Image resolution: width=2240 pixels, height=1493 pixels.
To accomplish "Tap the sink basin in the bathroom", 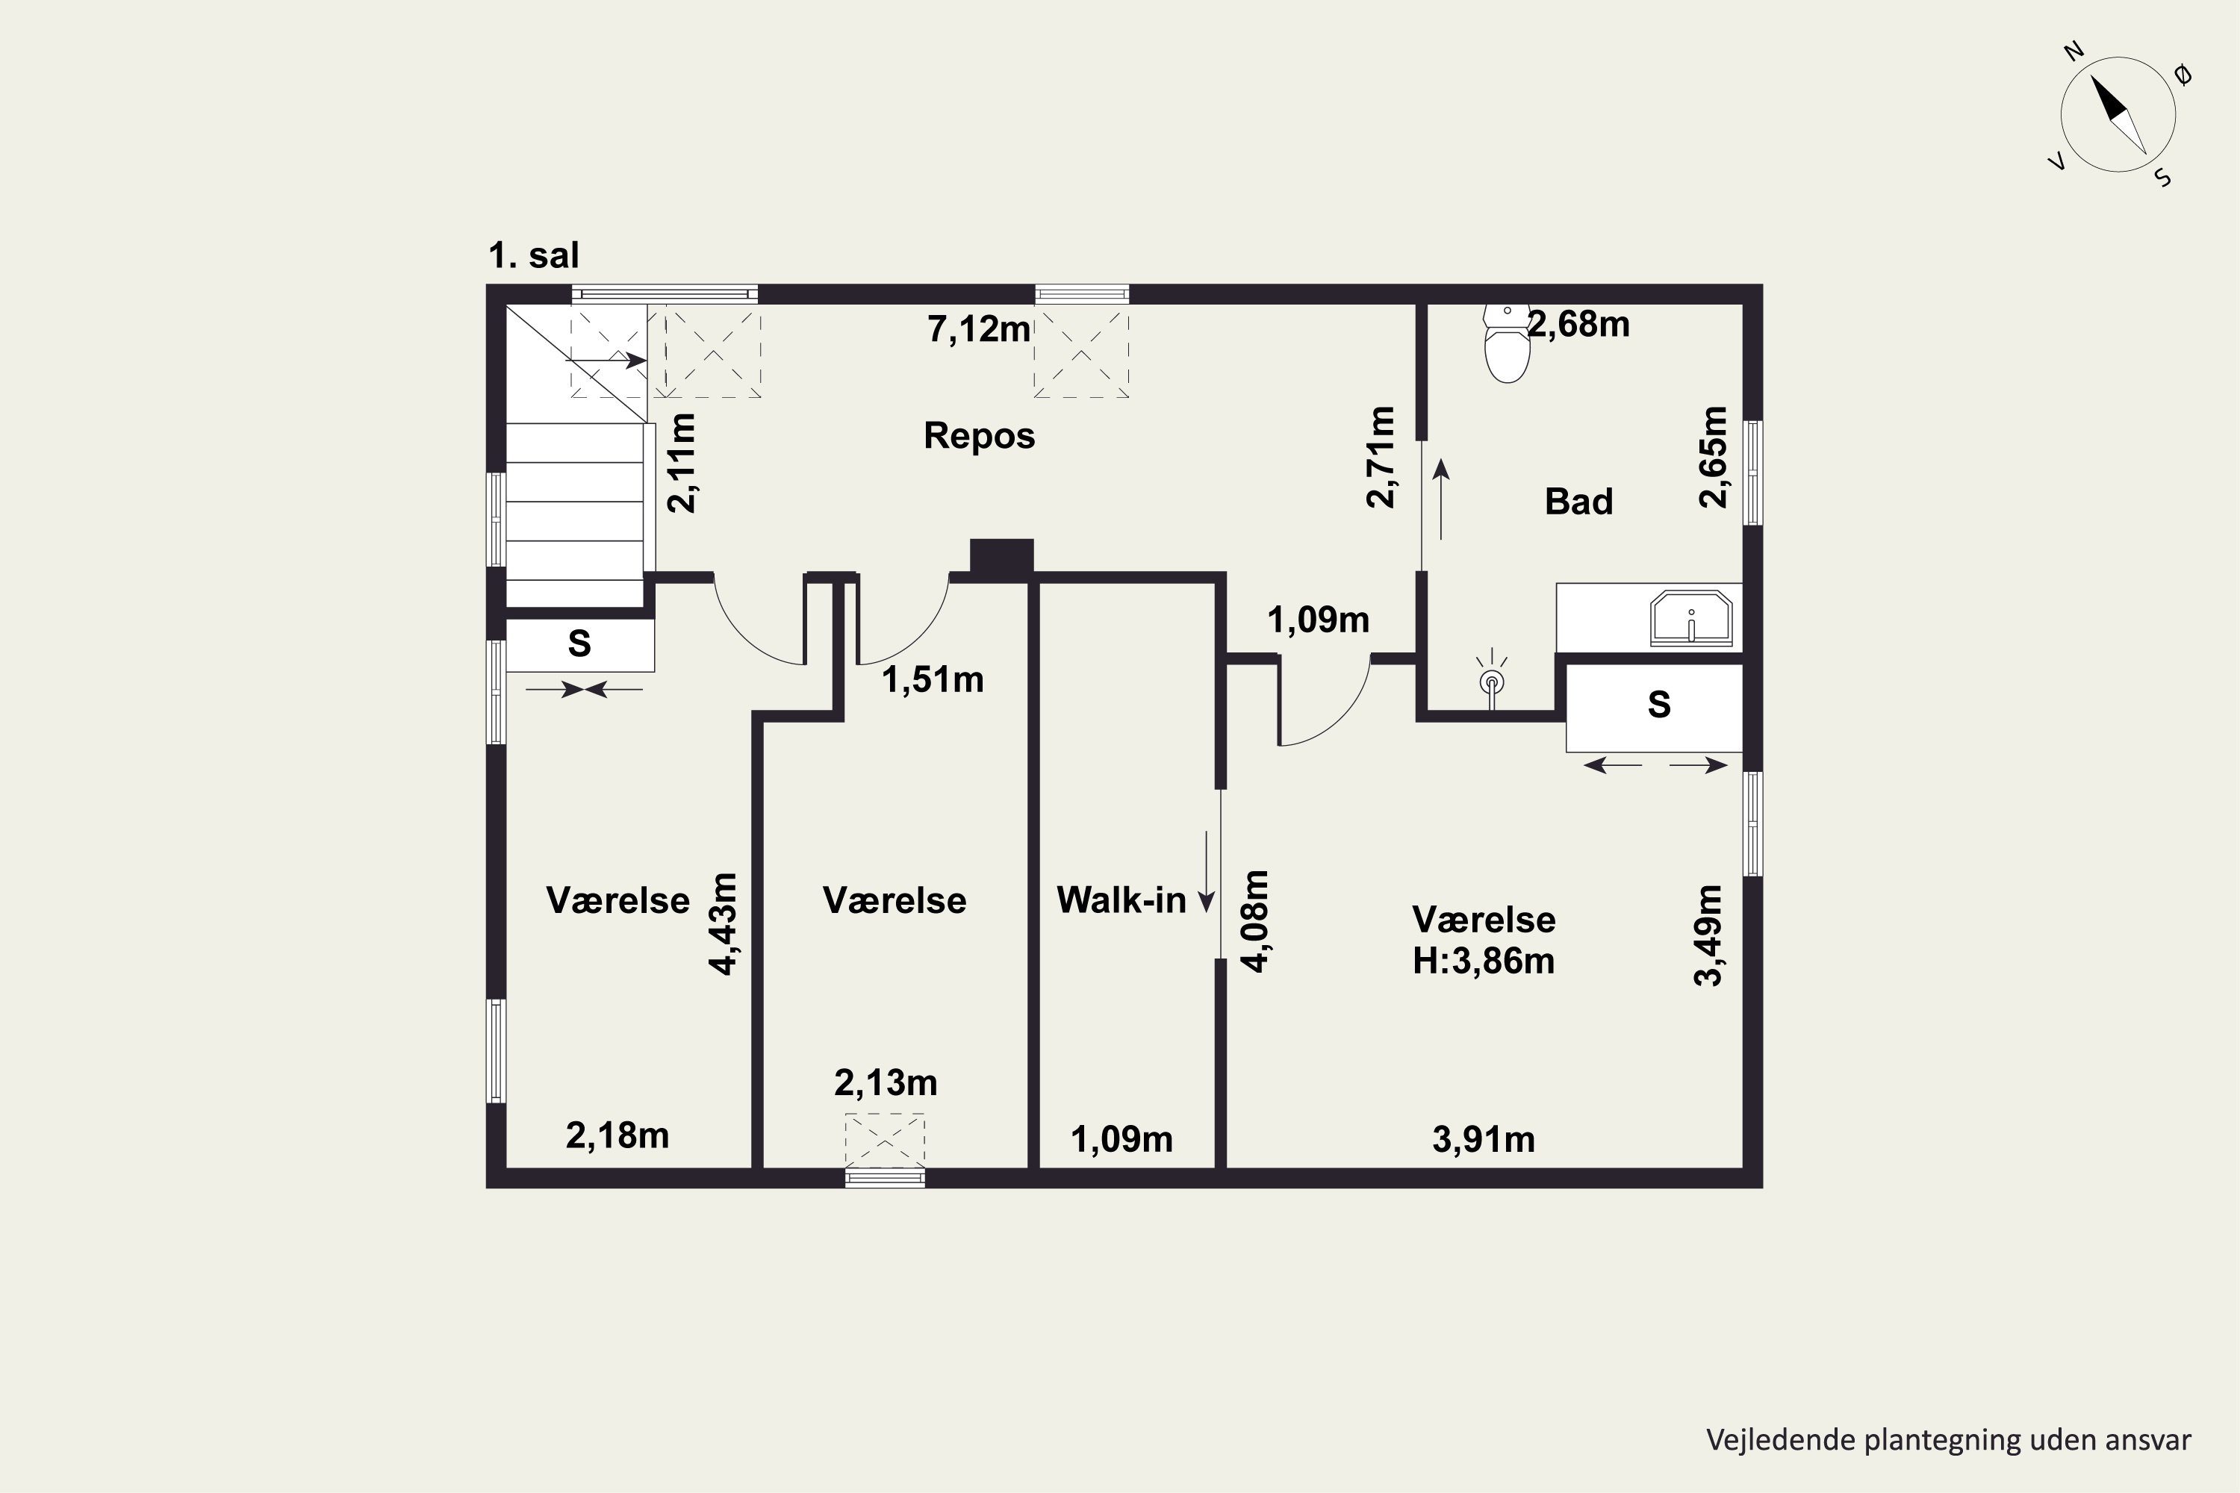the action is [x=1691, y=617].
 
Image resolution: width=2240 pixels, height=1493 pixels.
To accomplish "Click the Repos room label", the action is [x=979, y=436].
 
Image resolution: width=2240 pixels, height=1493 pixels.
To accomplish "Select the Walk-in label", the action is [x=1121, y=900].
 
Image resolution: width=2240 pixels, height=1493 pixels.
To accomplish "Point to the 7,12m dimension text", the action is [x=979, y=329].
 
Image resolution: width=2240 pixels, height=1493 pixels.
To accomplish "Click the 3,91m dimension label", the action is [x=1484, y=1140].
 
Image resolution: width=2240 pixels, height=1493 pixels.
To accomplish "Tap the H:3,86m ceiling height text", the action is [x=1484, y=961].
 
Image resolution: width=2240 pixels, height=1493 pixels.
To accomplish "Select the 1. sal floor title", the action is [x=533, y=255].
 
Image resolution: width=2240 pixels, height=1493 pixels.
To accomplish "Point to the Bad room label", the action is [x=1579, y=502].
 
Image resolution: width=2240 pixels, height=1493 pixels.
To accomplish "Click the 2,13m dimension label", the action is [x=886, y=1082].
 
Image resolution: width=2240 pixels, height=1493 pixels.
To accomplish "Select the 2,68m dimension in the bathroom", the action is [x=1579, y=325].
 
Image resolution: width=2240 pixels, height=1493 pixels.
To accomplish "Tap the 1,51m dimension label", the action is [x=933, y=680].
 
